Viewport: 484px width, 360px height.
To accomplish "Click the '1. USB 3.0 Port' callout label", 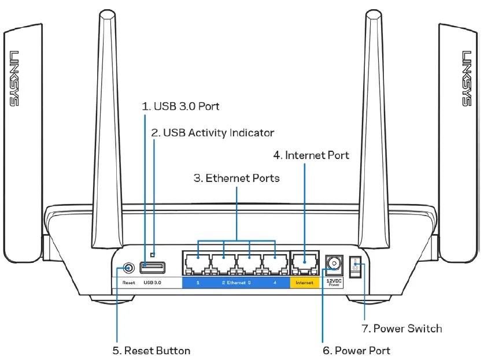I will coord(181,106).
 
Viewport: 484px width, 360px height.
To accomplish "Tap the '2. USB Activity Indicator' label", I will coord(212,133).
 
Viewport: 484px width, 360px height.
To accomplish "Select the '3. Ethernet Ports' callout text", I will coord(236,178).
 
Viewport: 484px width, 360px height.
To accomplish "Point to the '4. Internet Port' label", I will coord(311,155).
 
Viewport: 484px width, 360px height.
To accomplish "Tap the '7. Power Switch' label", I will coord(401,328).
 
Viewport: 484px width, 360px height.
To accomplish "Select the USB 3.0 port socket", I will coord(152,267).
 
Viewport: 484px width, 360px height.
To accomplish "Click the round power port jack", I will coord(332,263).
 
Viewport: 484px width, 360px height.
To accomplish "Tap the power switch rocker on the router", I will coord(356,269).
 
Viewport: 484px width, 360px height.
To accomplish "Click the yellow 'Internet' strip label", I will coord(304,283).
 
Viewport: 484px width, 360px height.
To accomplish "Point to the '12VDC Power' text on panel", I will coord(332,283).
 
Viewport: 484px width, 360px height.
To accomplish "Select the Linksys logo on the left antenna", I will coord(14,79).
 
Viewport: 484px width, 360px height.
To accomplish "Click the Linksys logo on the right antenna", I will coord(467,79).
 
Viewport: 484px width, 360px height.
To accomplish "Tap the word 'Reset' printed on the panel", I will coord(128,283).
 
